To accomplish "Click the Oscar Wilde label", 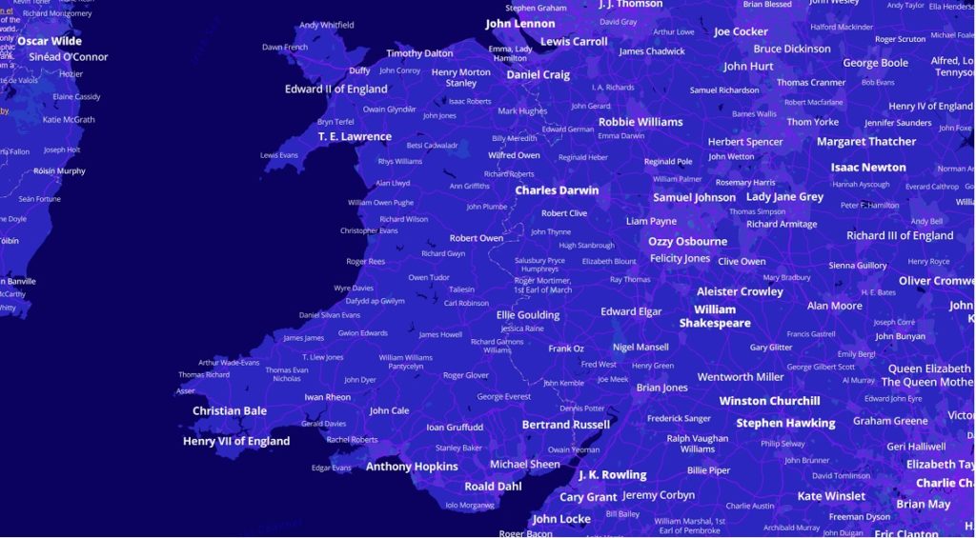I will click(50, 41).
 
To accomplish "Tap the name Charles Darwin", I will click(557, 190).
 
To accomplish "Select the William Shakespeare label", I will click(715, 316).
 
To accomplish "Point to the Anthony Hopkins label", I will click(412, 467).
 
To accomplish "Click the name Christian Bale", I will click(230, 411).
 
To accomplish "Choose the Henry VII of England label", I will click(236, 442).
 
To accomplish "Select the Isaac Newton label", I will click(868, 168).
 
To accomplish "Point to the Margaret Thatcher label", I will click(866, 142).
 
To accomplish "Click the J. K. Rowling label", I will click(612, 475).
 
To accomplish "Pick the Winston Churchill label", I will click(769, 401).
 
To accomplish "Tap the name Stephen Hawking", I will click(785, 423).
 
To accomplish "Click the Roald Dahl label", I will click(494, 487).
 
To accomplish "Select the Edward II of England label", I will click(336, 90).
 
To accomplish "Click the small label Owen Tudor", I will click(429, 278).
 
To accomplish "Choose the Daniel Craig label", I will click(538, 75).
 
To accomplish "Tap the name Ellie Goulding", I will click(528, 315).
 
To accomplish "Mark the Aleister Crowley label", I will click(740, 292).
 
